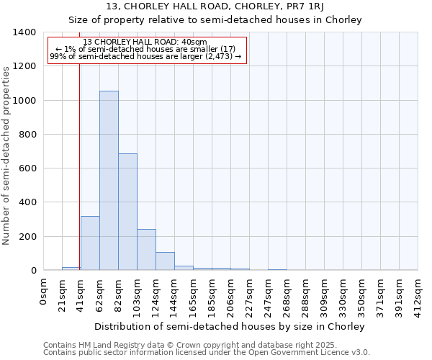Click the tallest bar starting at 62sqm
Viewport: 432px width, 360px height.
pos(109,180)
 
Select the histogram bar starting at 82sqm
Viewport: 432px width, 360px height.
pos(127,212)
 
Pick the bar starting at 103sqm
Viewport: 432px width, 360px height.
pos(146,249)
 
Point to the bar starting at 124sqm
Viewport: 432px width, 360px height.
pos(165,261)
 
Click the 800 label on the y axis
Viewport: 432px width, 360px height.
pos(27,135)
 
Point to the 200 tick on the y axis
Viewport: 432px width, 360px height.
pos(27,236)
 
